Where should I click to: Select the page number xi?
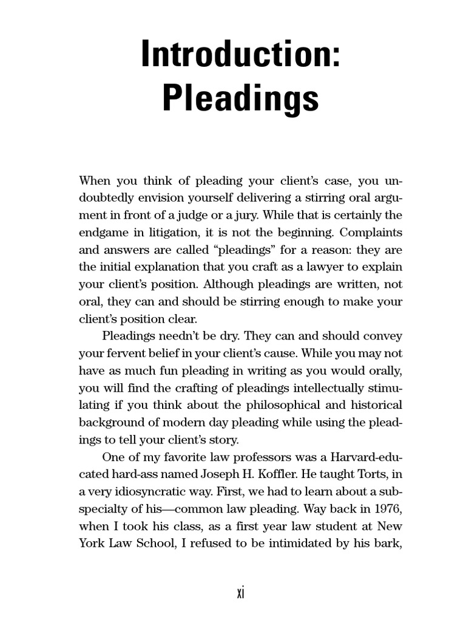[x=240, y=593]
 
